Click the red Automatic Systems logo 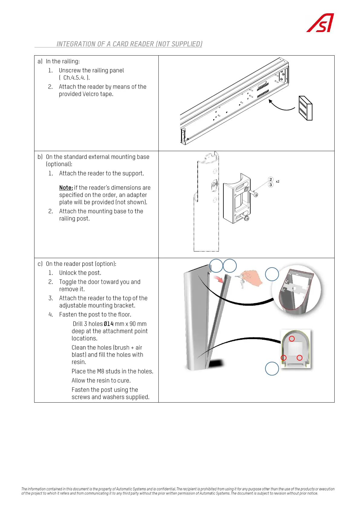[x=321, y=23]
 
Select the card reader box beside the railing [x=305, y=108]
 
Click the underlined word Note [x=66, y=188]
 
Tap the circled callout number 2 [x=271, y=180]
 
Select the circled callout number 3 [x=271, y=185]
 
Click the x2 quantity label [x=277, y=182]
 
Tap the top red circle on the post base [x=292, y=339]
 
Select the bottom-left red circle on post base [x=284, y=358]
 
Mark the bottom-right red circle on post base [x=300, y=358]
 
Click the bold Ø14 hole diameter [x=109, y=324]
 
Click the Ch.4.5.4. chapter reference [x=74, y=78]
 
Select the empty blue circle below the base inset [x=272, y=369]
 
